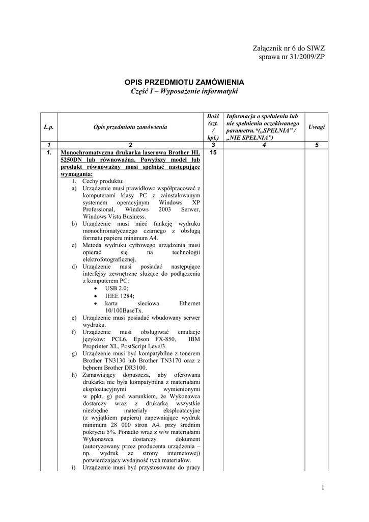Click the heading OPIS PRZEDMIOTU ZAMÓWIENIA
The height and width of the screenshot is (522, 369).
[185, 82]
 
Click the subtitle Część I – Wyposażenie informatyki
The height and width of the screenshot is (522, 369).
[185, 91]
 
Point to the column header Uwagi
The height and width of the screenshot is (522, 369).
[316, 127]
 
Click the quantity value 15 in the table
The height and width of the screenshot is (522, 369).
[213, 153]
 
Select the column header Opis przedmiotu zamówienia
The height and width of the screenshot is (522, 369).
[131, 127]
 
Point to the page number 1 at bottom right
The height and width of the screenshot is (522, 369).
[322, 488]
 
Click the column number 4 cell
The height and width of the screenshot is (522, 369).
[264, 145]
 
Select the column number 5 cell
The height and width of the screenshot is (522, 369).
[316, 145]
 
